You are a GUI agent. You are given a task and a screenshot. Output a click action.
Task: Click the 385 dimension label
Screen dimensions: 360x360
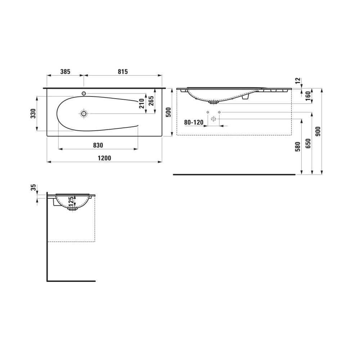click(x=65, y=72)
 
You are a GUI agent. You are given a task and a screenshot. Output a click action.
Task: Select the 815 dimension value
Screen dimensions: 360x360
click(x=122, y=72)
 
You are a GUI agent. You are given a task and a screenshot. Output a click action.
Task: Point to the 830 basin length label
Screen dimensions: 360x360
click(x=98, y=145)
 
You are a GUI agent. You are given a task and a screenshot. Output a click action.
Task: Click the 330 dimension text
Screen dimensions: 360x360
click(x=33, y=113)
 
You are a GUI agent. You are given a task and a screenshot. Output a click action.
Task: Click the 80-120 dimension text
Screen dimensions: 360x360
click(x=194, y=122)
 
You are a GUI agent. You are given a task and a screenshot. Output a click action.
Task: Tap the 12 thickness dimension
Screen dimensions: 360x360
click(x=297, y=81)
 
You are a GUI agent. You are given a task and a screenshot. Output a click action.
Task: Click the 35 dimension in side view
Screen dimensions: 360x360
click(x=33, y=188)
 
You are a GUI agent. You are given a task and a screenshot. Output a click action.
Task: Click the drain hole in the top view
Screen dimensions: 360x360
click(x=84, y=114)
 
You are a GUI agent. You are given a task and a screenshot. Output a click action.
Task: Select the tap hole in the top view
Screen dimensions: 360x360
click(x=84, y=94)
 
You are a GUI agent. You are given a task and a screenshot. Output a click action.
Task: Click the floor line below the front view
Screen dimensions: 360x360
click(x=234, y=174)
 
